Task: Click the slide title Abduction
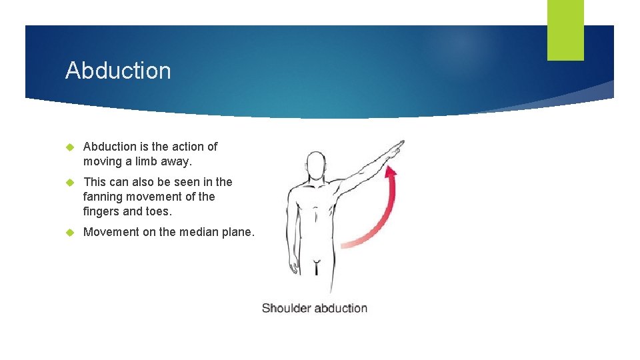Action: (x=118, y=71)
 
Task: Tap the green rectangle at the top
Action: (x=565, y=30)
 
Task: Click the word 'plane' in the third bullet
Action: (x=235, y=232)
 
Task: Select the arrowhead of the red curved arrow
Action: (x=392, y=172)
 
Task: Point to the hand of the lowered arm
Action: (x=293, y=265)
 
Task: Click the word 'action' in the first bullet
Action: (x=189, y=147)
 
